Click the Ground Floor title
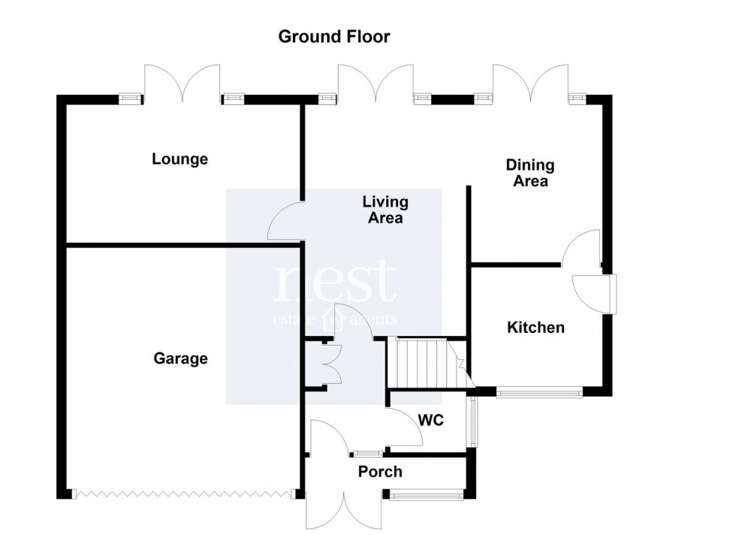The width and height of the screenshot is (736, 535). (334, 37)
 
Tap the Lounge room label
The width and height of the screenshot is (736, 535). (179, 159)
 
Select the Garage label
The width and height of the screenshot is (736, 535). (180, 358)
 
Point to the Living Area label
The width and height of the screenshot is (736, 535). (385, 210)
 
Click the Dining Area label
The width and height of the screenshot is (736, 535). (530, 173)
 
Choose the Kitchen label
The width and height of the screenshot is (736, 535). (535, 328)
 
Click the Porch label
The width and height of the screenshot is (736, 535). (379, 472)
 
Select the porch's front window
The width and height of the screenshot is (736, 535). (425, 494)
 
